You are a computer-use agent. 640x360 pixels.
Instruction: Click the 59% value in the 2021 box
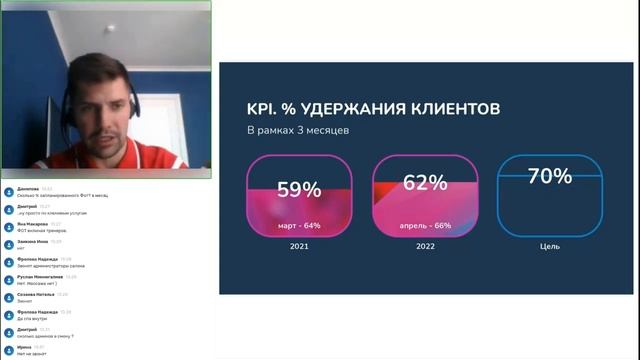tap(299, 189)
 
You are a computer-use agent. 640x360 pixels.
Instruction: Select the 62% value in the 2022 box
tap(426, 183)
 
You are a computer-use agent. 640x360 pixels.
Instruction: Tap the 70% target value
tap(550, 176)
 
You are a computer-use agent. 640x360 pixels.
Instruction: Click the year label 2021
tap(299, 246)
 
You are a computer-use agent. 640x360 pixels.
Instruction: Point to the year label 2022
tap(426, 246)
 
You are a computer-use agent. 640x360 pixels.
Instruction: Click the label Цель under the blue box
tap(550, 246)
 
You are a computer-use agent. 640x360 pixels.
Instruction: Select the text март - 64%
tap(299, 225)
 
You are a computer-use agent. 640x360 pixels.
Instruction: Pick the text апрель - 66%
tap(427, 225)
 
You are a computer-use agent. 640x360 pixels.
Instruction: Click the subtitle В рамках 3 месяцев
tap(297, 130)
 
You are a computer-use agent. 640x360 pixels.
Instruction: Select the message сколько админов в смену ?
tap(48, 335)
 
